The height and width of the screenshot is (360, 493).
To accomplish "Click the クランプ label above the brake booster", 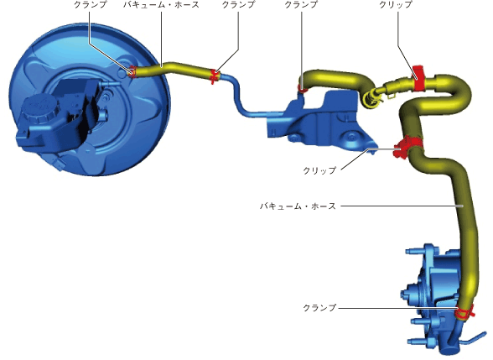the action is [91, 5].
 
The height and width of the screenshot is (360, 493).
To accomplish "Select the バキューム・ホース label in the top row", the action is [161, 5].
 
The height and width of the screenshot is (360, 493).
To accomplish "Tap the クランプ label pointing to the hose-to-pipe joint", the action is [239, 5].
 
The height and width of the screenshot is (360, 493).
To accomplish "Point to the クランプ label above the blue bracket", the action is [301, 5].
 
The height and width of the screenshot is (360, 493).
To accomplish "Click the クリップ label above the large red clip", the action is [396, 5].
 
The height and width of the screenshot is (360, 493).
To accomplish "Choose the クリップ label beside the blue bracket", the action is [319, 170].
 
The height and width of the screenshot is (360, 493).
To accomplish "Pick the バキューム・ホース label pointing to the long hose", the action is [298, 206].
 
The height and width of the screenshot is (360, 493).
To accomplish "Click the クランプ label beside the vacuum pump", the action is [319, 307].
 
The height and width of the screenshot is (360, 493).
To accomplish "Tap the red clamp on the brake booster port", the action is [132, 72].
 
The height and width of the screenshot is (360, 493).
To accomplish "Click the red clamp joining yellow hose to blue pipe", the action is [215, 76].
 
